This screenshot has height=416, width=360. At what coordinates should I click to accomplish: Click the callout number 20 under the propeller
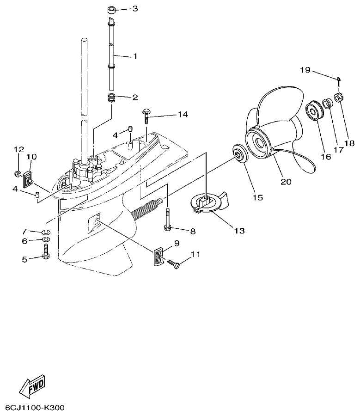point(286,182)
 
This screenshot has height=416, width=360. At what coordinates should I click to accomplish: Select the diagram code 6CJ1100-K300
point(35,408)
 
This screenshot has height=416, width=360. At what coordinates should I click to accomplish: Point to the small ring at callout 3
point(111,9)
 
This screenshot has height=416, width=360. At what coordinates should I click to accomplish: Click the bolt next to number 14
point(146,114)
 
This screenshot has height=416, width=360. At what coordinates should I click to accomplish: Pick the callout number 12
point(18,149)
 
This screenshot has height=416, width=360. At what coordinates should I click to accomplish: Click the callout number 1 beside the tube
point(135,56)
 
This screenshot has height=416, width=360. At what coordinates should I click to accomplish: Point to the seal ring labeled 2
point(111,98)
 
